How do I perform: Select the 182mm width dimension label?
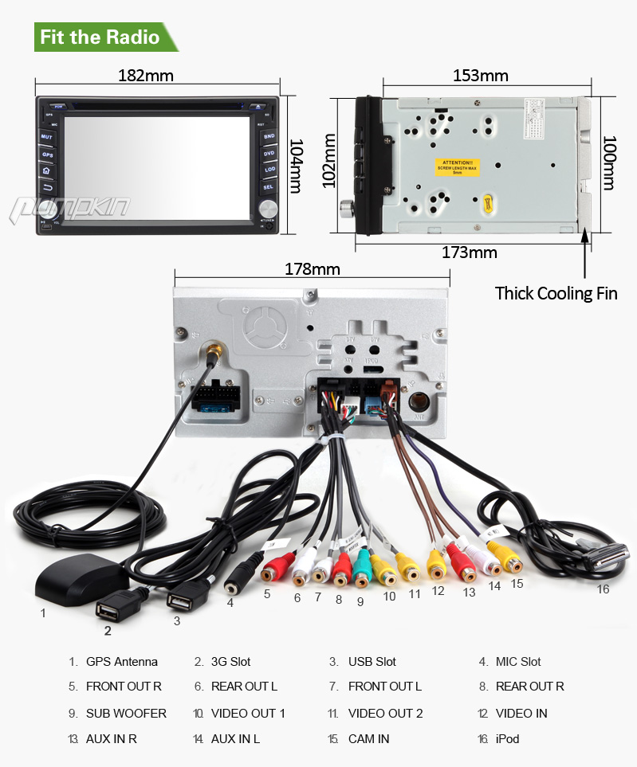146,76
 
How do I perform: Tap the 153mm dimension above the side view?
481,76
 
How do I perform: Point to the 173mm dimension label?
470,252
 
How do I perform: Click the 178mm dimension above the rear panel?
312,269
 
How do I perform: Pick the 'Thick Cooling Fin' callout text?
556,293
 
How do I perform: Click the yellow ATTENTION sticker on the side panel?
454,168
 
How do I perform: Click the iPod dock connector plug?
608,557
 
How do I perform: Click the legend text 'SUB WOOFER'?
126,713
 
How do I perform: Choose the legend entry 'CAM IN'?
368,738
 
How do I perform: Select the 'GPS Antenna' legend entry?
122,662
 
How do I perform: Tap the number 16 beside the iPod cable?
603,589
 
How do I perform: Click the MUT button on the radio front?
46,137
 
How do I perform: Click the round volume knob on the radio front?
268,208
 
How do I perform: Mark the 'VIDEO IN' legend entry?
521,713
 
